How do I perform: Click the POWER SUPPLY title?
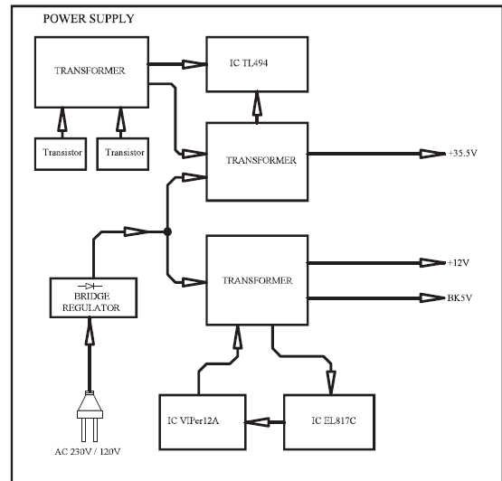tap(89, 19)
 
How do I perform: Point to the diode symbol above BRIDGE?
tap(90, 286)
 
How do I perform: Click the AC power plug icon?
tap(90, 416)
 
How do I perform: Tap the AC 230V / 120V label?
tap(88, 451)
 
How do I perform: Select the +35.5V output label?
tap(462, 153)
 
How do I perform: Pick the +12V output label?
tap(459, 263)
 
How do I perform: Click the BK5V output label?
tap(459, 298)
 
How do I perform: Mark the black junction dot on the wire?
tap(167, 231)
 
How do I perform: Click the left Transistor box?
tap(61, 154)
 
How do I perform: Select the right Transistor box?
tap(123, 154)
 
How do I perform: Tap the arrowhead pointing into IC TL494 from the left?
tap(194, 64)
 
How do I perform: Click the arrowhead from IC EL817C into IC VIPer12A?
tap(257, 422)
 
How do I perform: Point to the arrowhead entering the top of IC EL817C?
tap(331, 382)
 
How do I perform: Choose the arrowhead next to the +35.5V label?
tap(432, 154)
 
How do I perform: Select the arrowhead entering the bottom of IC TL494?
tap(257, 104)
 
